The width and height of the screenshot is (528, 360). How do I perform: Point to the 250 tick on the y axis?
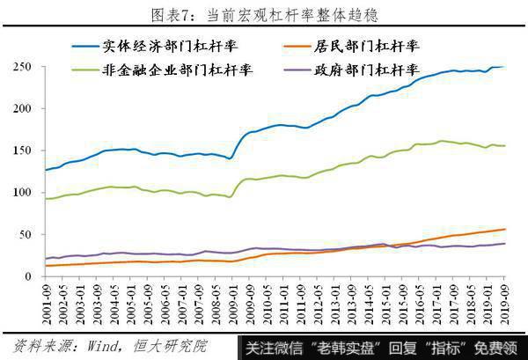pos(21,67)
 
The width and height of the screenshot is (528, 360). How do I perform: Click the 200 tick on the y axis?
pos(21,108)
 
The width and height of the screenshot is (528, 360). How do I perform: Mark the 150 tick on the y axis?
pos(21,151)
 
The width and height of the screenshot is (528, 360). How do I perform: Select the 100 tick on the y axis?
pos(21,192)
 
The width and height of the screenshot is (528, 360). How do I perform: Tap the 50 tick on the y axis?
pos(24,234)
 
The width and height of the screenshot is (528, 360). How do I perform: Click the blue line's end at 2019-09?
pos(504,66)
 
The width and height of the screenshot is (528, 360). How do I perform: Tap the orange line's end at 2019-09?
pos(504,229)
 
